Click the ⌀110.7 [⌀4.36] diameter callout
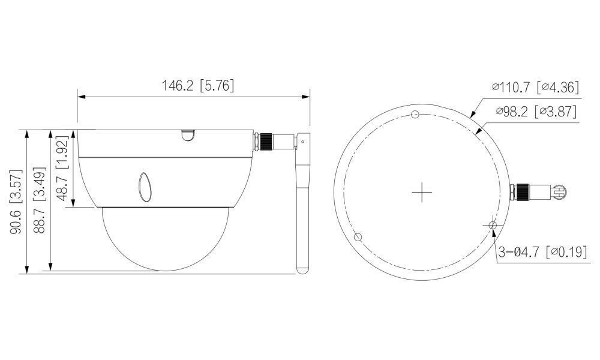(535, 88)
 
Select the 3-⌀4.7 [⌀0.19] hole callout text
(542, 253)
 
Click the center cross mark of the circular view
(422, 192)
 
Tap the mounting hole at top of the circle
(415, 115)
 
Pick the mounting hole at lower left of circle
(358, 237)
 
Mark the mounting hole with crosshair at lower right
(493, 225)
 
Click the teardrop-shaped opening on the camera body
(145, 188)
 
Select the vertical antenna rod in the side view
(304, 210)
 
